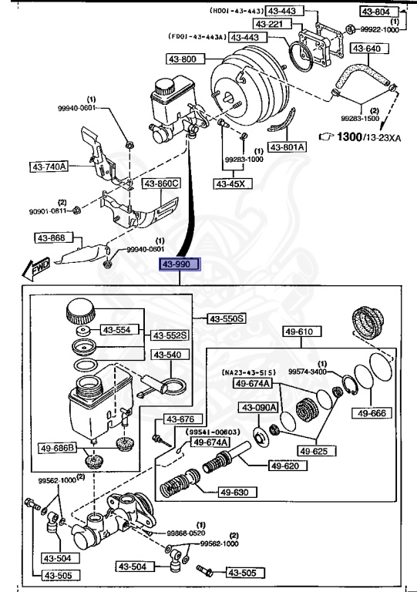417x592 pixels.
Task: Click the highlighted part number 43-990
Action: [180, 265]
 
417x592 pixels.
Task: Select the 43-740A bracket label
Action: [49, 166]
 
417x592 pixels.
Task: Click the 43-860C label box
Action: [161, 183]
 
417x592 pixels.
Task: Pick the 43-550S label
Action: [227, 318]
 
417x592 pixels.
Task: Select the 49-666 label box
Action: [372, 413]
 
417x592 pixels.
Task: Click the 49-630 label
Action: [236, 492]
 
